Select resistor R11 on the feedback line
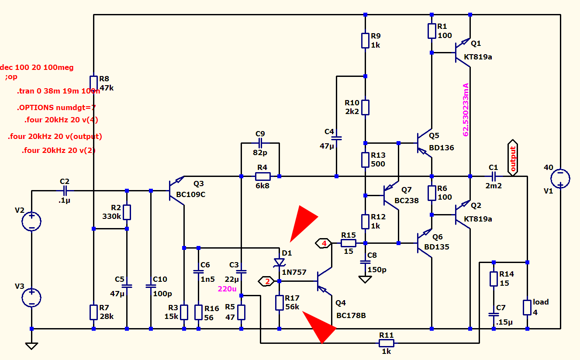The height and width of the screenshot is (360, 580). (x=386, y=343)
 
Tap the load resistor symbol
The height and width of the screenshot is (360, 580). (x=527, y=307)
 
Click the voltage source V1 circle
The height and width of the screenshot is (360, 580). (x=560, y=179)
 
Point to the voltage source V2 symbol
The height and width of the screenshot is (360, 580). (x=31, y=222)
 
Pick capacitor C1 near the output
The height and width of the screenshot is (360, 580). (x=494, y=177)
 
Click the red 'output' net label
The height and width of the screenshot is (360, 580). (x=513, y=158)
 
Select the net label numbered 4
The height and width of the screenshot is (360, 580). (x=324, y=243)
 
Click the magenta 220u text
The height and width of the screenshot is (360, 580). (x=227, y=289)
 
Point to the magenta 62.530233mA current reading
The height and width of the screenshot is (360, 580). (x=466, y=109)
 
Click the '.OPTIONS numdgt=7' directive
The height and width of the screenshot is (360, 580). (x=56, y=107)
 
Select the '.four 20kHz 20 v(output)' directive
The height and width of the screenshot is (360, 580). (x=55, y=136)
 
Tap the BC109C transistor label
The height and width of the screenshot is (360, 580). (x=190, y=194)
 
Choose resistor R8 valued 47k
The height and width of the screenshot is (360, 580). (x=93, y=83)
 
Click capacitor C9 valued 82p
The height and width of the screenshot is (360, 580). (x=260, y=142)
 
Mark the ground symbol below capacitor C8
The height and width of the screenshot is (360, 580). (x=365, y=279)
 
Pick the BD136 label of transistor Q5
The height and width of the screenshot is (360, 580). (x=441, y=148)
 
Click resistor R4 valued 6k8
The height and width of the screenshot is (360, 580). (x=262, y=177)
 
